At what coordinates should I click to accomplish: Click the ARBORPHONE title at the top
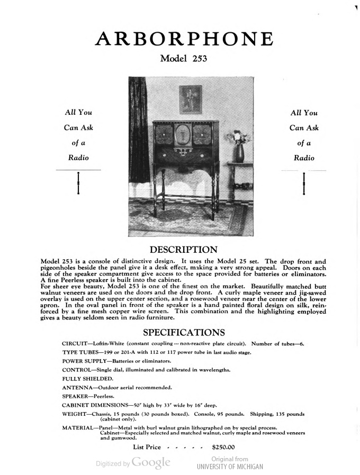(x=184, y=40)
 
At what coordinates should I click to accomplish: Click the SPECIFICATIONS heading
(x=184, y=333)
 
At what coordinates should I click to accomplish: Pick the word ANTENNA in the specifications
(x=75, y=387)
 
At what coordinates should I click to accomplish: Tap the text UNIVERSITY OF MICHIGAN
(x=229, y=467)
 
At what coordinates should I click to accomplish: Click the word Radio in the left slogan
(x=78, y=158)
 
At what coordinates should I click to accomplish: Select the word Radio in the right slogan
(x=303, y=158)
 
